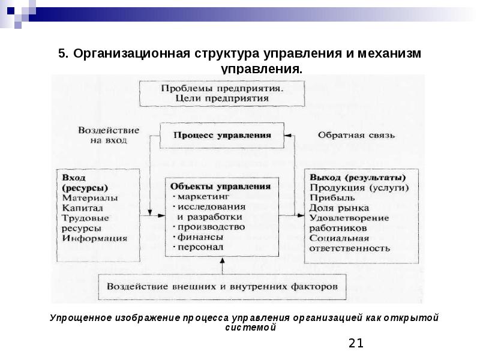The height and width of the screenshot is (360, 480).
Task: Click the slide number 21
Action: coord(356,343)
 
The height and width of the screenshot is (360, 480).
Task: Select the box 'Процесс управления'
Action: coord(222,135)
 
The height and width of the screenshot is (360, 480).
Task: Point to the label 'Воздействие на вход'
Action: coord(108,134)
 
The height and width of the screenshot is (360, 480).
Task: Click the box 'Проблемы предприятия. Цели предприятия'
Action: coord(222,93)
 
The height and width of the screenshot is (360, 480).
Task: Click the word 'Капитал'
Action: coord(82,208)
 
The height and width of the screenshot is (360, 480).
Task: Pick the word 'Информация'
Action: coord(94,238)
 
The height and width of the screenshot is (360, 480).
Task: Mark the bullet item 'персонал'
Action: coord(200,247)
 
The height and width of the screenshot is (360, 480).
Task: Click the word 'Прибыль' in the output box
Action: coord(332,197)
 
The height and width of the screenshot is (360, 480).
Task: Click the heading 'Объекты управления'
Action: coord(220,186)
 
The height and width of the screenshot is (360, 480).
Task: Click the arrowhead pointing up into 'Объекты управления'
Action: coord(221,260)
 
